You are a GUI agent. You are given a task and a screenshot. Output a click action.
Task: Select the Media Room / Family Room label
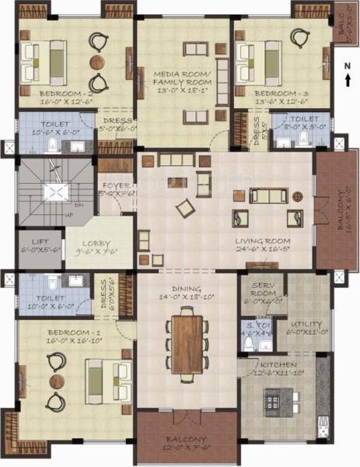click(184, 78)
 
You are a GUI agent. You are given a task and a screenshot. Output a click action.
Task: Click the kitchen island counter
click(278, 399)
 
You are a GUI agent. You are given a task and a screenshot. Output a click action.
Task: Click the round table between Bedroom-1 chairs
click(56, 381)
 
